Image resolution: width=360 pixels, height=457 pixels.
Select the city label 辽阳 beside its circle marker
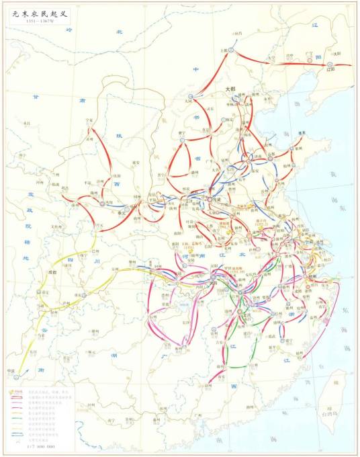pyautogui.click(x=330, y=70)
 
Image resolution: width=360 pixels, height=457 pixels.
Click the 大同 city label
pyautogui.click(x=188, y=101)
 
